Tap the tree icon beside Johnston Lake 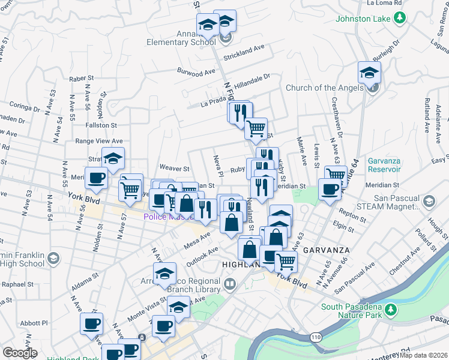pyautogui.click(x=399, y=18)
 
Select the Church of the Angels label pyautogui.click(x=324, y=88)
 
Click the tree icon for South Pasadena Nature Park pyautogui.click(x=391, y=310)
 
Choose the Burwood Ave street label pyautogui.click(x=196, y=71)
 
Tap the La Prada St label pyautogui.click(x=214, y=103)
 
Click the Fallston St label pyautogui.click(x=101, y=125)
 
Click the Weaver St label pyautogui.click(x=174, y=169)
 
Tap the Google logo pyautogui.click(x=20, y=353)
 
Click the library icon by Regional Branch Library pyautogui.click(x=229, y=283)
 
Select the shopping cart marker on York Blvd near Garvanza pyautogui.click(x=286, y=261)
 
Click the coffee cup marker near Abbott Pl pyautogui.click(x=92, y=324)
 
